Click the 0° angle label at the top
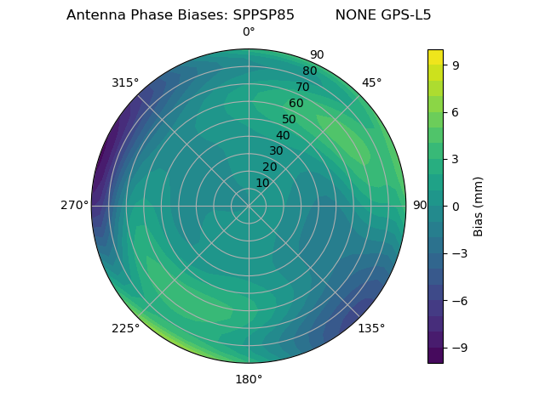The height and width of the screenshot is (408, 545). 249,32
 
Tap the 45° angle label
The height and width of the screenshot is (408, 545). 371,82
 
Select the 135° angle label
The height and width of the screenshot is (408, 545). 371,328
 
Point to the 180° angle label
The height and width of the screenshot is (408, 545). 249,379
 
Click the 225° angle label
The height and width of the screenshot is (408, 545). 125,328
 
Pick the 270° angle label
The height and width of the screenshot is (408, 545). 74,206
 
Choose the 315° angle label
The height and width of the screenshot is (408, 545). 125,82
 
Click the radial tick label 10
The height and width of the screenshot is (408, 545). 262,183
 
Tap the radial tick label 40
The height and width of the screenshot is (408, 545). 283,135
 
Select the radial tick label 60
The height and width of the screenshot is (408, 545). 295,103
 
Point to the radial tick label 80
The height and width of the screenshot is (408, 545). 309,71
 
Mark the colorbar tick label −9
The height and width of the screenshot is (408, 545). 458,348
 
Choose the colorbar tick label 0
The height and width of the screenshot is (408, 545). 455,206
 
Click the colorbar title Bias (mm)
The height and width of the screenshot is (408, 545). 479,206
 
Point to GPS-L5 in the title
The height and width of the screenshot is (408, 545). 406,15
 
